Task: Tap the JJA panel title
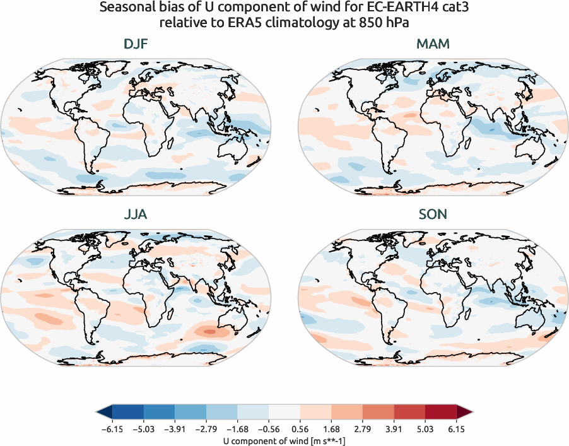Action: point(136,214)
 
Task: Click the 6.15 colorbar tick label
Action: point(456,430)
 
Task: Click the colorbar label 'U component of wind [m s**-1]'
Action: point(284,442)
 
